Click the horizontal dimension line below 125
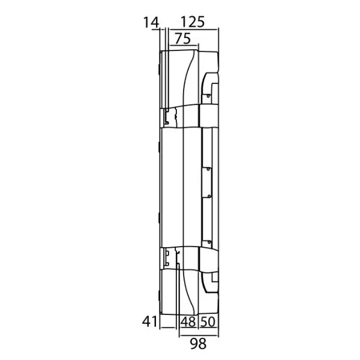(191, 30)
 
